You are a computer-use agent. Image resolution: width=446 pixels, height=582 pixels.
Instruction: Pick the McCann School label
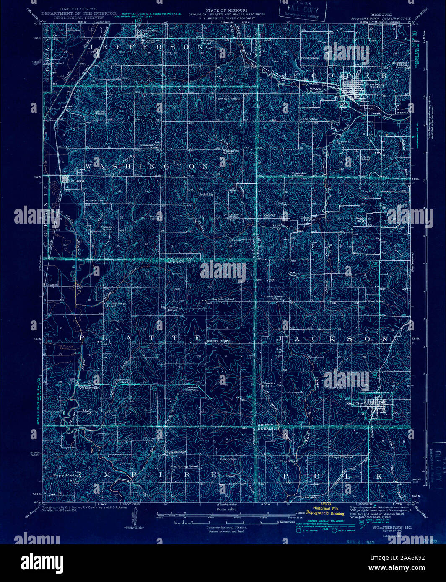(x=228, y=99)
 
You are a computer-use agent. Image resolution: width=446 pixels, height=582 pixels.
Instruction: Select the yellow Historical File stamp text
(x=326, y=508)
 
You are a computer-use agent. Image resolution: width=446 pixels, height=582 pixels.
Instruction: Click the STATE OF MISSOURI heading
(x=226, y=10)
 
